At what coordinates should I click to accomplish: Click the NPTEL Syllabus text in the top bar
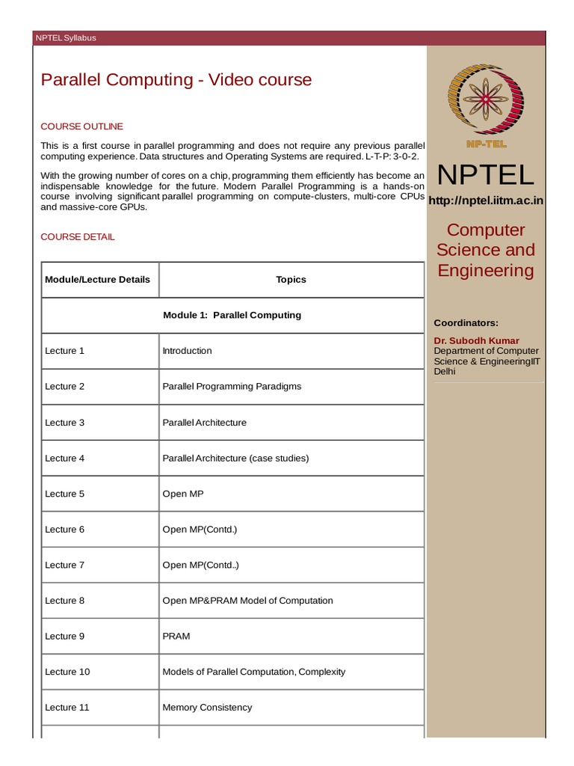tap(66, 38)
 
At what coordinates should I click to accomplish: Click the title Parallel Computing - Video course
tap(176, 80)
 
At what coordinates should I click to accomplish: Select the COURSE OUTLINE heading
tap(81, 126)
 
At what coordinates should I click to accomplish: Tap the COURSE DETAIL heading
tap(77, 237)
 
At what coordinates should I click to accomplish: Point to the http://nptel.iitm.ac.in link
tap(485, 200)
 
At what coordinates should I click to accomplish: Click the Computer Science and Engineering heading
tap(485, 250)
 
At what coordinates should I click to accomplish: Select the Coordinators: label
tap(466, 322)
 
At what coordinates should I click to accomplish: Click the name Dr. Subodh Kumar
tap(476, 340)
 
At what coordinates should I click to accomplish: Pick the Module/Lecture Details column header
tap(97, 280)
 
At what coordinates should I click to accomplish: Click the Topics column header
tap(291, 280)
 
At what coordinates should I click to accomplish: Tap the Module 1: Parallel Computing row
tap(232, 315)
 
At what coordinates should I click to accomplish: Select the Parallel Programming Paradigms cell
tap(232, 387)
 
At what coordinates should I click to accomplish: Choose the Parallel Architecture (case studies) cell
tap(235, 458)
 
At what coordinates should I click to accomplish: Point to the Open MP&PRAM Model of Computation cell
tap(247, 601)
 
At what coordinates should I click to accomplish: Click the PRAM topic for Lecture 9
tap(176, 637)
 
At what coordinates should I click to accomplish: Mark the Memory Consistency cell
tap(207, 708)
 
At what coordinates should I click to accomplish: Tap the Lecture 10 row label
tap(67, 672)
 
